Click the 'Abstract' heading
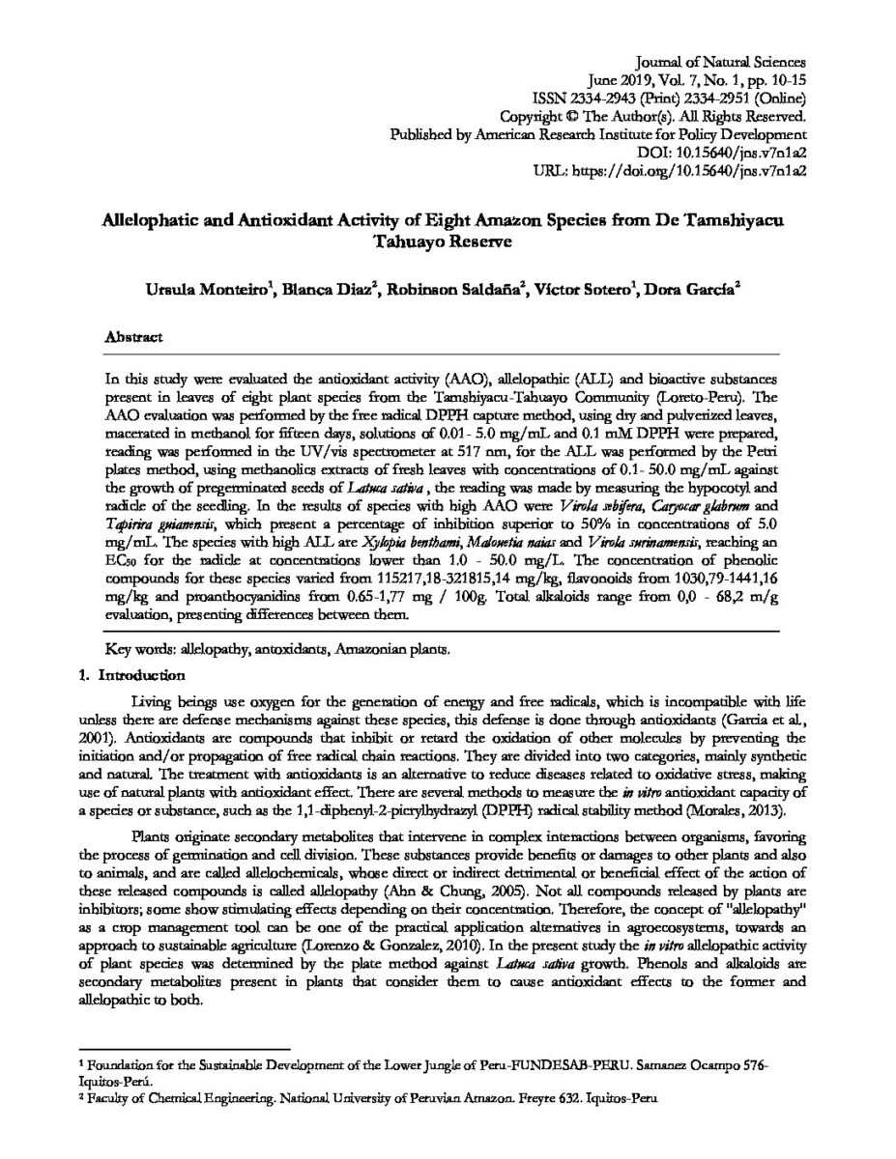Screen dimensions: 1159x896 click(134, 338)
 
